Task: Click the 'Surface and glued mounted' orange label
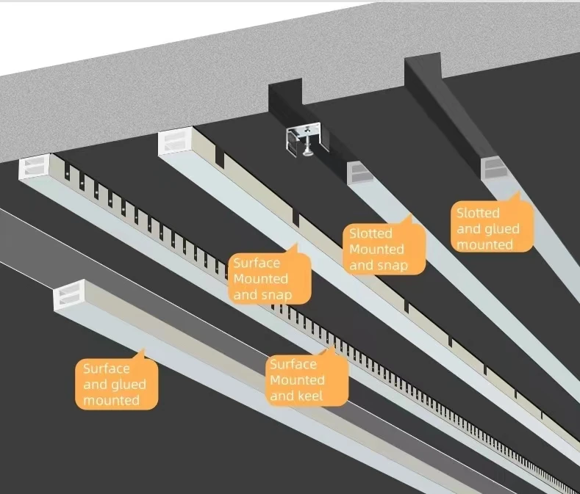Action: pos(116,384)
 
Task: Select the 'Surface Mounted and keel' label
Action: pos(306,380)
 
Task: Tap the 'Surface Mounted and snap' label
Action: pos(270,279)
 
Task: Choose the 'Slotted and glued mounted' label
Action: pos(492,228)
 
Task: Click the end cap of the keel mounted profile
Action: pos(33,167)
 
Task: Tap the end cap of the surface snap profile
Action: pos(174,141)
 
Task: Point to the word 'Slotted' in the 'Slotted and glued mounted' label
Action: pos(478,213)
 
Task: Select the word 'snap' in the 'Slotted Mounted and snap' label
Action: pos(390,265)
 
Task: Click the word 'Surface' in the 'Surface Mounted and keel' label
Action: pos(293,364)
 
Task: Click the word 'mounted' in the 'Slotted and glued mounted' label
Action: pos(484,244)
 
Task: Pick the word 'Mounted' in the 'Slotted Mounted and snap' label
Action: pos(376,250)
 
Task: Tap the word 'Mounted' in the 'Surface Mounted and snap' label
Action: pos(260,279)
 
